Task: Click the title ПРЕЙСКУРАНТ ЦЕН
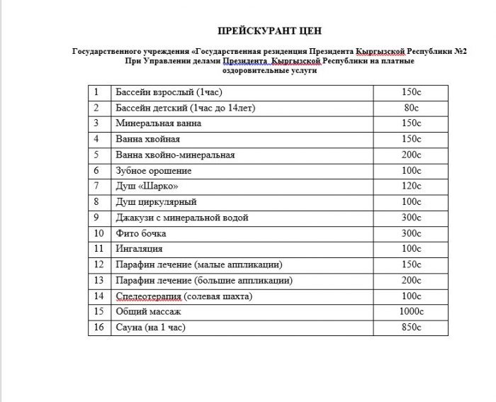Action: pos(269,31)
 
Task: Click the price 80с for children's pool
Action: pos(411,108)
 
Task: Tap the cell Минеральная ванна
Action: pos(159,123)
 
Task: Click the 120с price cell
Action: pos(411,186)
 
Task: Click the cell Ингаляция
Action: pos(139,249)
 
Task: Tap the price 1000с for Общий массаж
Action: pos(411,311)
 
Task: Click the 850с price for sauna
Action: pos(411,327)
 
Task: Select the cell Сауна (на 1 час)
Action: pos(154,327)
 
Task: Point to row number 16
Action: pos(99,327)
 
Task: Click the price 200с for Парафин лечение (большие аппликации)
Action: pos(411,280)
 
